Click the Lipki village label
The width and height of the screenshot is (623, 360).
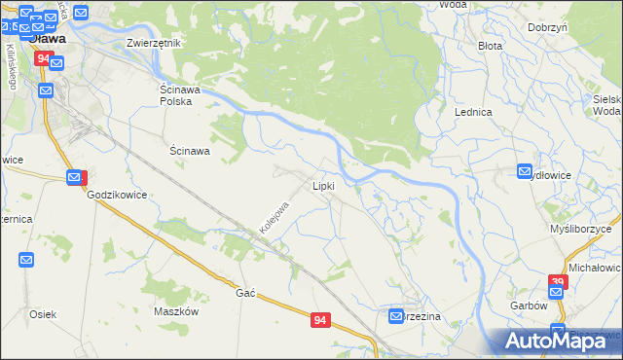(324, 185)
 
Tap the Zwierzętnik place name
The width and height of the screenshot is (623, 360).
(155, 44)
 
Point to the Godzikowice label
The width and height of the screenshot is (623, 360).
(117, 195)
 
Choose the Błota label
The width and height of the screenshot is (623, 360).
(489, 45)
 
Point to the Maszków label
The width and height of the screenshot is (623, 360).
(176, 311)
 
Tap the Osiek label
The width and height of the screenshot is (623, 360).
(43, 313)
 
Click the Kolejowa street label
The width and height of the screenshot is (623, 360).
(275, 218)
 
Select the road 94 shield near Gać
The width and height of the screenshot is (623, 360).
(320, 319)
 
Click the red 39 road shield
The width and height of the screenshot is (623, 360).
(557, 282)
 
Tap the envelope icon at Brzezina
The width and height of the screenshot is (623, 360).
(397, 316)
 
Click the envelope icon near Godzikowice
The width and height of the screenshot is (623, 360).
(76, 177)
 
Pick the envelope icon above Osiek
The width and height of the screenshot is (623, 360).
(26, 260)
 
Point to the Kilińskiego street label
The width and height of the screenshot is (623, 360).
(11, 66)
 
